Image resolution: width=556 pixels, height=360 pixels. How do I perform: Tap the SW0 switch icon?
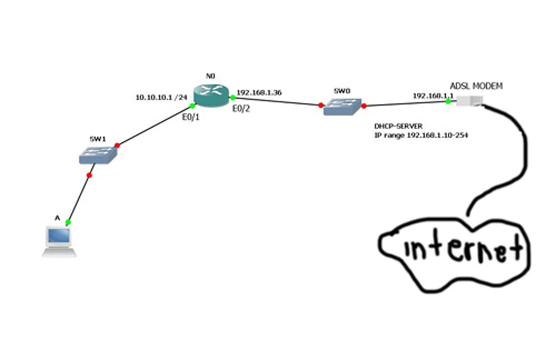[342, 107]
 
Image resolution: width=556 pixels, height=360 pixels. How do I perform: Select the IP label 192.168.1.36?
[259, 93]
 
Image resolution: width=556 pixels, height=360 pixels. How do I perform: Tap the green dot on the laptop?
[68, 222]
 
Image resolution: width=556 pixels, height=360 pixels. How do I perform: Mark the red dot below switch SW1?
[89, 176]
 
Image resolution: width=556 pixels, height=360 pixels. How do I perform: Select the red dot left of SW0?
[320, 104]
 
